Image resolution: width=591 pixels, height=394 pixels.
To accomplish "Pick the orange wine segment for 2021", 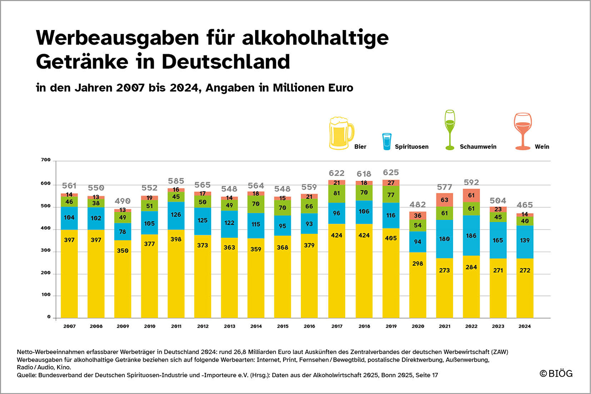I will pos(445,200).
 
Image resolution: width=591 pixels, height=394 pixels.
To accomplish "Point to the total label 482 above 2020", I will pos(418,204).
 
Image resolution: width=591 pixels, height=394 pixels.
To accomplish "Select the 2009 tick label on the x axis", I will pos(123,326).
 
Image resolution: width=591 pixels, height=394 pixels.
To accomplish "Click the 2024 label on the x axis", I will pos(525,326).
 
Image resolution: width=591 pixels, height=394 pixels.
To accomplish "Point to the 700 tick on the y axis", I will pos(46,160).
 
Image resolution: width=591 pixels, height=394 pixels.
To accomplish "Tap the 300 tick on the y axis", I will pos(46,251).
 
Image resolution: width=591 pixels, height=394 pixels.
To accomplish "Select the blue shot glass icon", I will pos(386,141).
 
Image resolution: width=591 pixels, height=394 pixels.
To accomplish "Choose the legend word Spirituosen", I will pos(411,147).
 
